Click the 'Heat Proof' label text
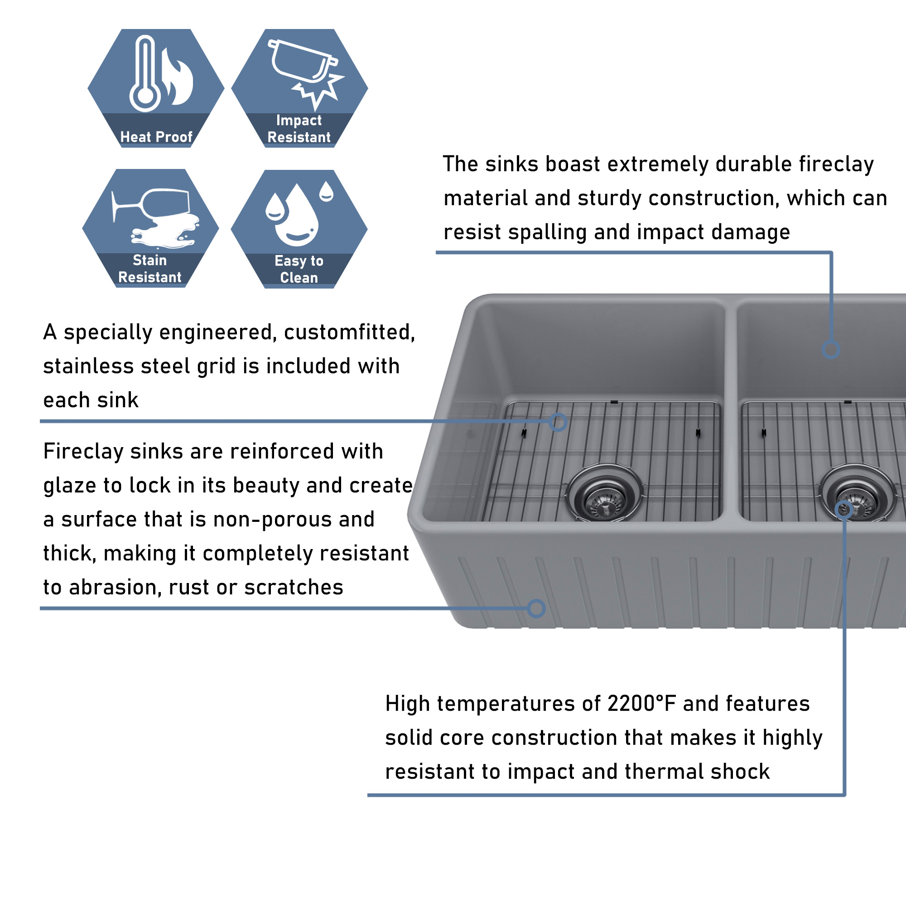[156, 137]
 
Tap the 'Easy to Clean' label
[299, 269]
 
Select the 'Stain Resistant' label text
[149, 269]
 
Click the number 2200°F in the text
[641, 704]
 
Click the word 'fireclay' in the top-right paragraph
[837, 164]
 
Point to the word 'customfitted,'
[349, 333]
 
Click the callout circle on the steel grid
[558, 422]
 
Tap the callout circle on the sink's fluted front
[536, 609]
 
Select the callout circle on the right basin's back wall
[830, 349]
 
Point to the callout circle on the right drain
[843, 510]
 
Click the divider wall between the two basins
[731, 413]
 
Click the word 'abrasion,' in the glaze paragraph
[115, 588]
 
